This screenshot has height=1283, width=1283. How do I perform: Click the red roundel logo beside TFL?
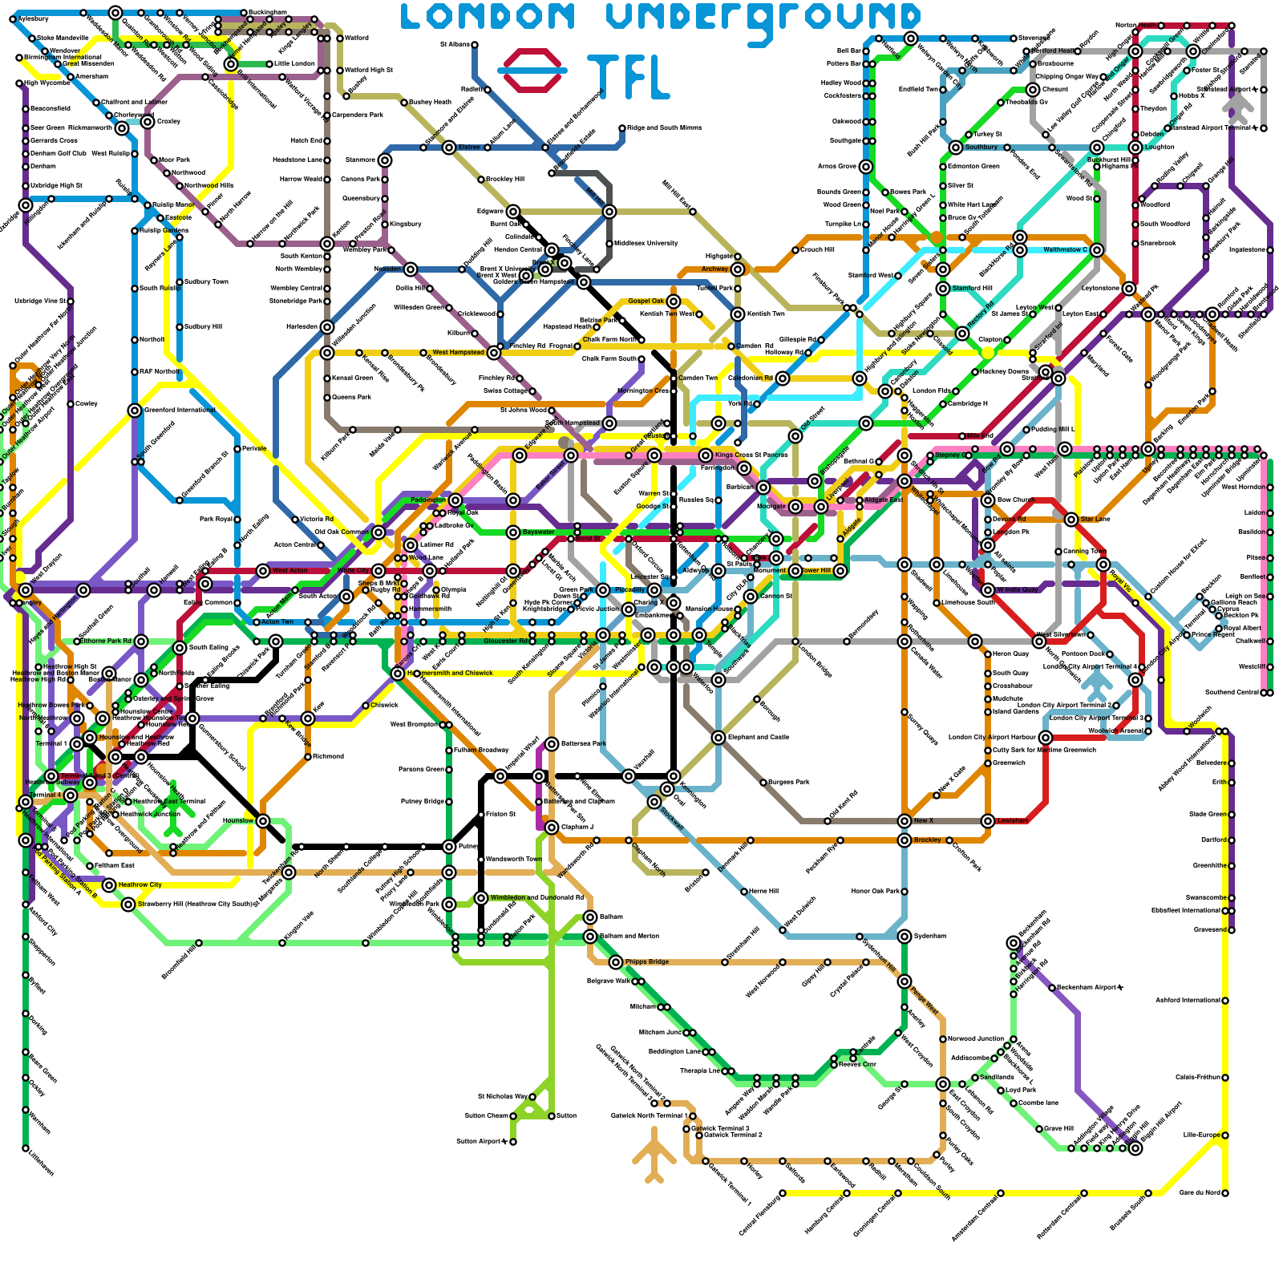point(532,71)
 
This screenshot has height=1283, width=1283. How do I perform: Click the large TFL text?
point(628,77)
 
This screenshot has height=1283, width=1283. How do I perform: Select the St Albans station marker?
point(475,45)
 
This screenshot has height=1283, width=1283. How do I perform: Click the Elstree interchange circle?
point(449,148)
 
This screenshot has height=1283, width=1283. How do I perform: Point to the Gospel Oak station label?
point(646,301)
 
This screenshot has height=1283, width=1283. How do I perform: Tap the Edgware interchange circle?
point(513,212)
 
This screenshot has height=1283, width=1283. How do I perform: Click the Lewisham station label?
point(1012,821)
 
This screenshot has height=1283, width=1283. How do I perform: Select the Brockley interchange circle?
point(905,840)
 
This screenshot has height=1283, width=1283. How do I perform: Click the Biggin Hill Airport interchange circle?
point(1135,1148)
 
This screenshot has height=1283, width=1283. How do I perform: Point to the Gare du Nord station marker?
point(1225,1193)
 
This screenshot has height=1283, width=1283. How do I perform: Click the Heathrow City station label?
point(140,885)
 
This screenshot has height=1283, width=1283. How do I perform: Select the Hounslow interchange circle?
point(263,821)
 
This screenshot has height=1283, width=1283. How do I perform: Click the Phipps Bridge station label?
point(646,962)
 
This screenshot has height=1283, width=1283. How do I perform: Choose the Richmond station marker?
point(308,757)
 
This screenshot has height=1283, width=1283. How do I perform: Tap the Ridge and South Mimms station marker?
point(622,128)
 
